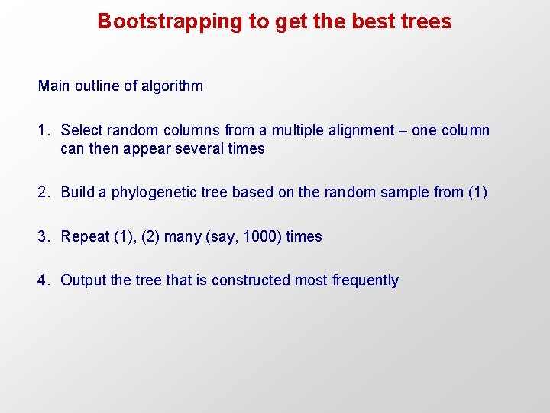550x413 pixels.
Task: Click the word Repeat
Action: coord(85,237)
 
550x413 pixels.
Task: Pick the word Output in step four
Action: coord(83,281)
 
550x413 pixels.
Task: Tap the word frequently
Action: coord(365,281)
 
